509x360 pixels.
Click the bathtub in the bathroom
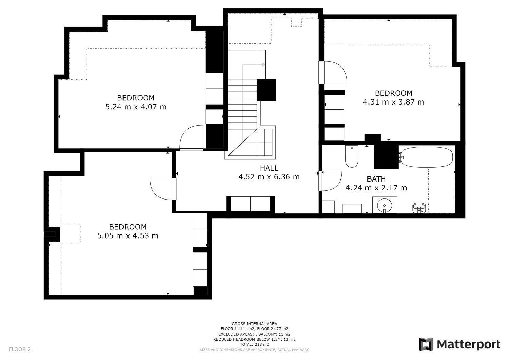click(427, 157)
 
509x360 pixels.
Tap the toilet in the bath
click(352, 156)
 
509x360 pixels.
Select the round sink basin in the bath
click(384, 205)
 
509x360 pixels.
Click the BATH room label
click(376, 179)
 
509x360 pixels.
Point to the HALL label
click(269, 168)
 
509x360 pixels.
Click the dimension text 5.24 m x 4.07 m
click(136, 107)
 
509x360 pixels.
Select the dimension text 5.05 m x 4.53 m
click(128, 236)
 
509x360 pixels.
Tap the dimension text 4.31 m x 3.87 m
click(393, 102)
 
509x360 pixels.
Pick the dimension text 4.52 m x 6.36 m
click(269, 177)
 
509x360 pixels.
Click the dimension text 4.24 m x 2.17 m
click(376, 188)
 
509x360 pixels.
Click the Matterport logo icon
click(426, 344)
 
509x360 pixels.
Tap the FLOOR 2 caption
click(20, 349)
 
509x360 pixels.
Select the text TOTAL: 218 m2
click(254, 344)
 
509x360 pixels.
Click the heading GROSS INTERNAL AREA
click(254, 324)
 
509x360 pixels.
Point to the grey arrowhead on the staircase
click(263, 65)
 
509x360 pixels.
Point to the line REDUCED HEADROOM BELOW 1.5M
click(254, 339)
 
